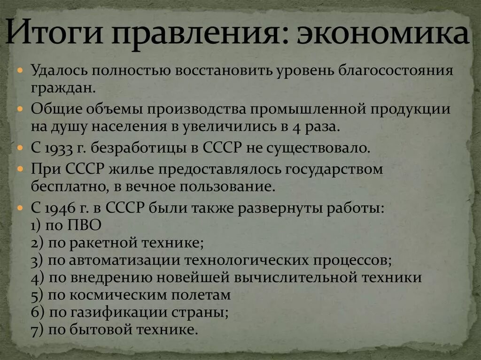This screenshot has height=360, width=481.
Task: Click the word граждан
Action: tap(59, 88)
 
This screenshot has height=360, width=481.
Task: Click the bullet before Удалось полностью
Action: tap(20, 70)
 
